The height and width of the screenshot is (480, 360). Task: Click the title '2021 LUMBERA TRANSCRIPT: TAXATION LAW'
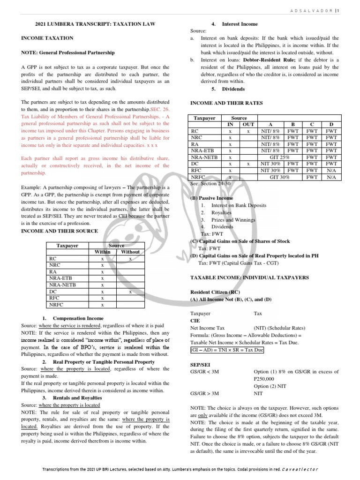tap(96, 23)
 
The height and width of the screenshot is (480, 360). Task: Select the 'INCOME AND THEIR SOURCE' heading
tap(60, 231)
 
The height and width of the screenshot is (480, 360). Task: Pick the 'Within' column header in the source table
tap(102, 252)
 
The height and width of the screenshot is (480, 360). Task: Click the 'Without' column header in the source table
tap(130, 252)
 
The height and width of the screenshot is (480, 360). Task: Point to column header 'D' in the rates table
tap(331, 125)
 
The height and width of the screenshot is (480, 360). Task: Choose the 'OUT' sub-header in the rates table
tap(248, 125)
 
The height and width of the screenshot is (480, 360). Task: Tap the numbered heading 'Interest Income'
tap(240, 23)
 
